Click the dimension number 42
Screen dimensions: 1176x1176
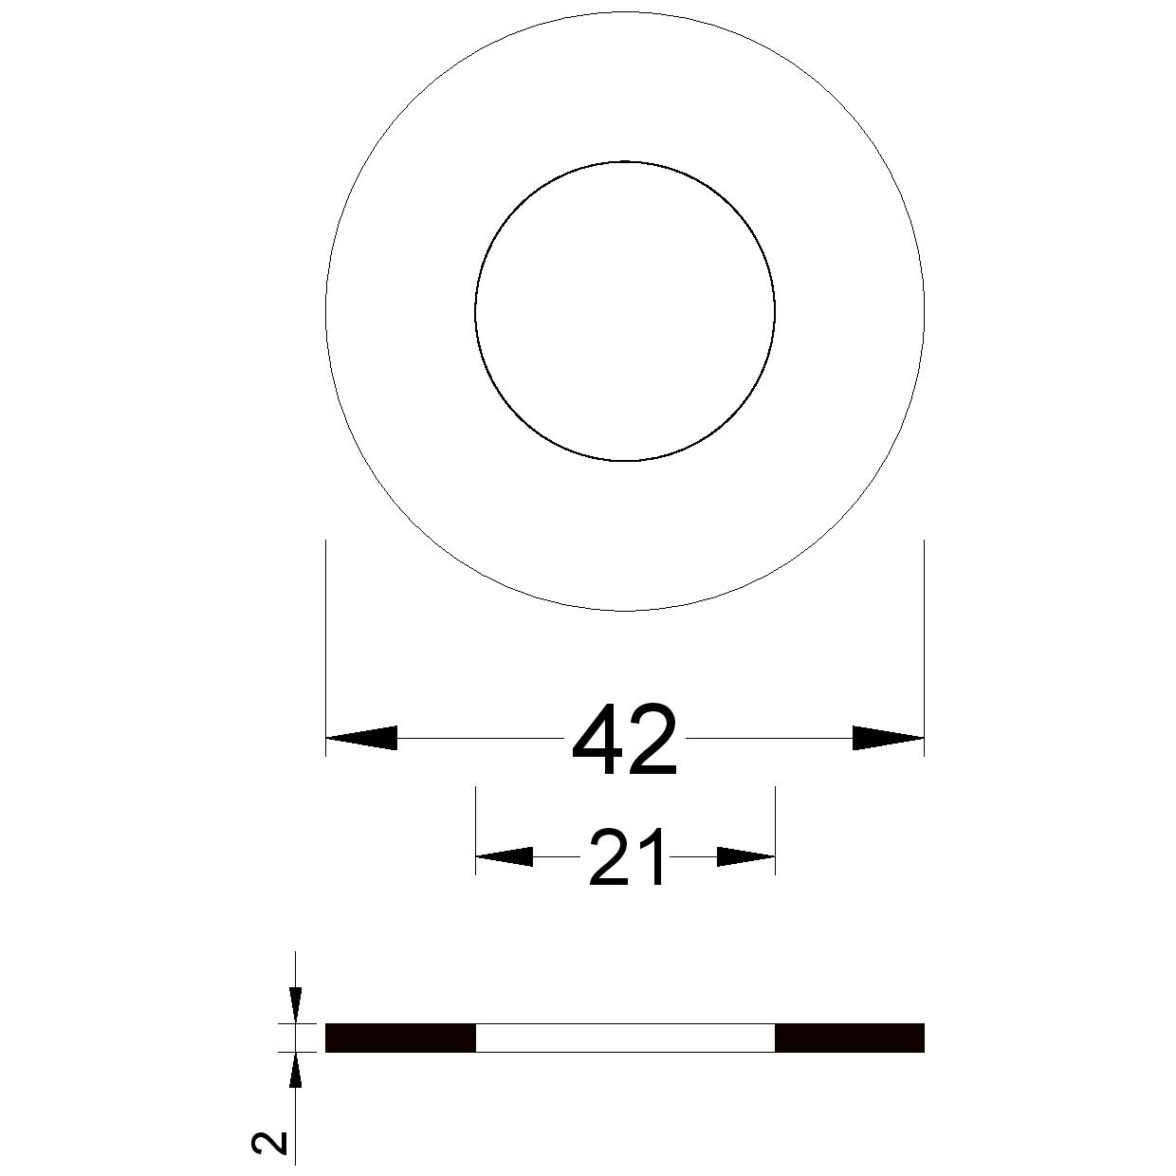[624, 741]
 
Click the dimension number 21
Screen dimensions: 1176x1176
[627, 857]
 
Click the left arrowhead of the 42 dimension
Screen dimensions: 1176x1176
[361, 738]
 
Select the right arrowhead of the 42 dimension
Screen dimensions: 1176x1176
[889, 738]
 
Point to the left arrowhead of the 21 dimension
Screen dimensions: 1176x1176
[505, 856]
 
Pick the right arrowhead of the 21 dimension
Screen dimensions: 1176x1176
[745, 856]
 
